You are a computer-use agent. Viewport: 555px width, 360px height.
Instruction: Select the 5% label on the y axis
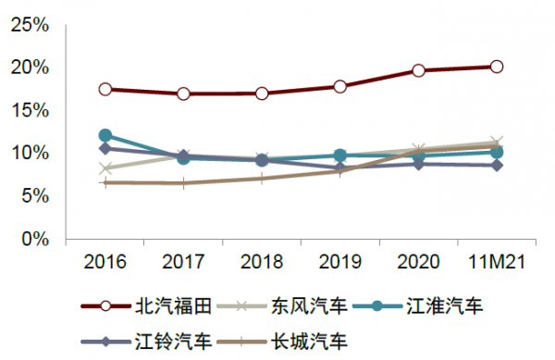coord(33,195)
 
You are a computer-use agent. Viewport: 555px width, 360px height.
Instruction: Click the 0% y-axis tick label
coord(33,238)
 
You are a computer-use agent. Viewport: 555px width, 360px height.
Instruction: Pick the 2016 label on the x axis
coord(105,263)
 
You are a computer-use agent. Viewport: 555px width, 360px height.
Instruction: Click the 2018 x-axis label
coord(262,263)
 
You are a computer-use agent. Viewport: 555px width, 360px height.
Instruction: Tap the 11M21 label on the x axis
coord(497,263)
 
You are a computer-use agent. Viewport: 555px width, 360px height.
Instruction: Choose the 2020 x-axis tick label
coord(418,263)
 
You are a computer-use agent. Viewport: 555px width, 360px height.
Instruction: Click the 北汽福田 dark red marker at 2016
coord(105,90)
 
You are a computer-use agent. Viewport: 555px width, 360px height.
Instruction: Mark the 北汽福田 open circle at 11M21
coord(497,67)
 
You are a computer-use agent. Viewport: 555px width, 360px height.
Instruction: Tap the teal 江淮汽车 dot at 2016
coord(105,136)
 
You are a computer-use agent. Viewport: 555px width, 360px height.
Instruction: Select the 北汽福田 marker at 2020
coord(418,70)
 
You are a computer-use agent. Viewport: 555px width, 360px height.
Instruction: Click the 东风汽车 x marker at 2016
coord(105,168)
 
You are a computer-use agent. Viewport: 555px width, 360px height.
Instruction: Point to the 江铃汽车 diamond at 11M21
coord(497,165)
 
